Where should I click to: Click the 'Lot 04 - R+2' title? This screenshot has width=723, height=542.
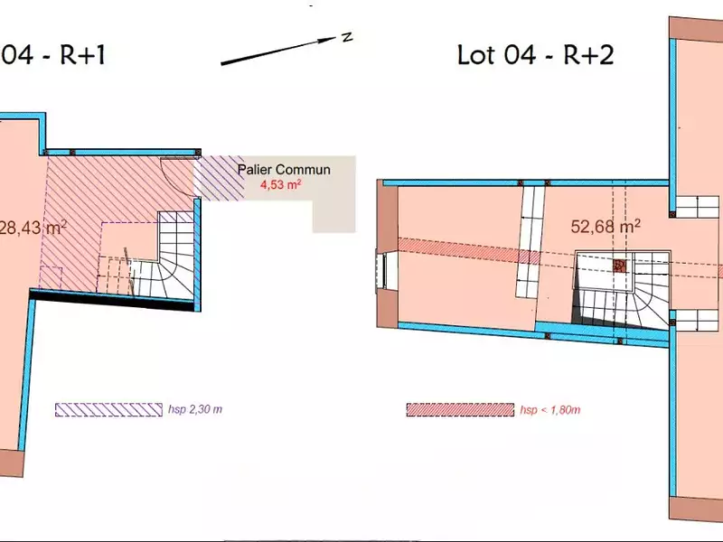(x=535, y=55)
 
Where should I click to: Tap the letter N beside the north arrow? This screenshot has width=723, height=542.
(x=347, y=37)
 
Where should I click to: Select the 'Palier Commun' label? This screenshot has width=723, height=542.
(x=284, y=170)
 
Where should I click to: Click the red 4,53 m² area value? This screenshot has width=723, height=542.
(x=281, y=185)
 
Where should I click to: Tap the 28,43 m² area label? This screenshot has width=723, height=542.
(x=33, y=228)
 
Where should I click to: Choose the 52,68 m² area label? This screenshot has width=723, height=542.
(x=606, y=227)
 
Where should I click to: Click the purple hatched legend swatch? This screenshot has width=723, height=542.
(x=108, y=410)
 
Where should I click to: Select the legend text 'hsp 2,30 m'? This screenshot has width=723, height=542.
(x=195, y=409)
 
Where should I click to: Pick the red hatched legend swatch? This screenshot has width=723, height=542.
(x=460, y=410)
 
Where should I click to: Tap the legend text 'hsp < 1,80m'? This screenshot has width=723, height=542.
(x=550, y=410)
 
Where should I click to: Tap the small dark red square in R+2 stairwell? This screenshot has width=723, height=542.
(x=620, y=266)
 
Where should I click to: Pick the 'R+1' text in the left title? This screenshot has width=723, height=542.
(x=82, y=55)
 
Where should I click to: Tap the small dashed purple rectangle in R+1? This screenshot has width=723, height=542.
(x=51, y=277)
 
